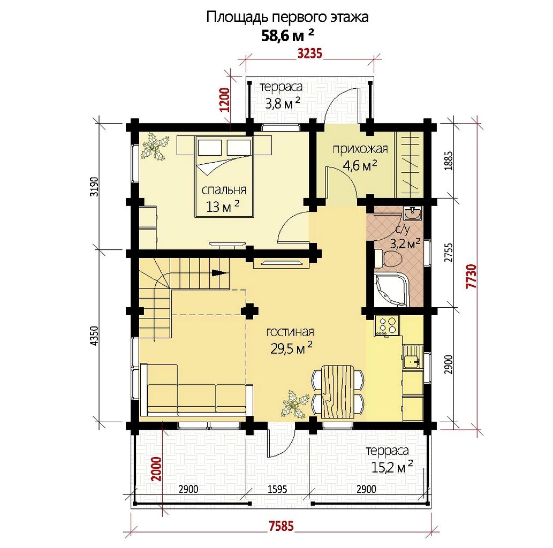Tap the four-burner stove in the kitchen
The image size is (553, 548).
click(388, 326)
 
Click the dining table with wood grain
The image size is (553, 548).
click(337, 391)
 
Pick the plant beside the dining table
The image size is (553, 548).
click(293, 404)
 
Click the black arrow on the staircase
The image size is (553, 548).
click(219, 272)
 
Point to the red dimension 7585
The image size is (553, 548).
click(281, 526)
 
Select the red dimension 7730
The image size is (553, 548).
click(472, 276)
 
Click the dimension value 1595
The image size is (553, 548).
click(277, 489)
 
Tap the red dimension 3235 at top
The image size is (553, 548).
click(310, 54)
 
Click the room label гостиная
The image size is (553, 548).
click(290, 332)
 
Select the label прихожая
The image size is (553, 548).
click(360, 149)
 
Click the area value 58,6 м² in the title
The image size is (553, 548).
click(287, 35)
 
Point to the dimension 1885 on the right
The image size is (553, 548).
click(448, 161)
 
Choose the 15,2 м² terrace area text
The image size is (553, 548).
click(392, 467)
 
